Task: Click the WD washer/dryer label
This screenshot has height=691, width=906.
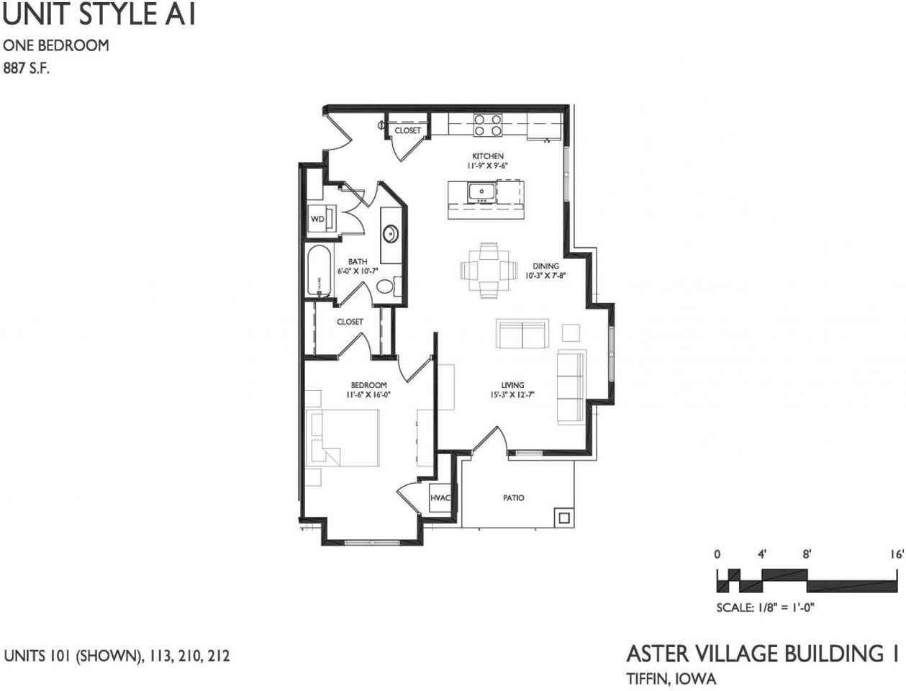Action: coord(317,219)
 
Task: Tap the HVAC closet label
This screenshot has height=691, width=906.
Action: coord(440,498)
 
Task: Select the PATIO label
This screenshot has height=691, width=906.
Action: coord(514,498)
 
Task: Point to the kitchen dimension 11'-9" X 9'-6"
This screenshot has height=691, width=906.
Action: coord(488,166)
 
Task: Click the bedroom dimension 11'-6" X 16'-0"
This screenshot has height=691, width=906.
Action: coord(368,394)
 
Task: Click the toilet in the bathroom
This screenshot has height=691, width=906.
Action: coord(387,286)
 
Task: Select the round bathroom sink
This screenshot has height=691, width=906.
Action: coord(390,234)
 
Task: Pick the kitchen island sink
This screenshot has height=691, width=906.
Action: coord(480,191)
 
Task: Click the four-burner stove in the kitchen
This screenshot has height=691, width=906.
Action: coord(488,125)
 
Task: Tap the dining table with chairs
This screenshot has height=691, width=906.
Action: coord(489,271)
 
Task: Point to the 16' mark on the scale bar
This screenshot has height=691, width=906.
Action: coord(896,555)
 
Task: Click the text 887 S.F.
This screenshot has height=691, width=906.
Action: coord(26,70)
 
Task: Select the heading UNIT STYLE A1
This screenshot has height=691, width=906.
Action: coord(99,15)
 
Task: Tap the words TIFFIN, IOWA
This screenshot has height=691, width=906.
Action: coord(671,678)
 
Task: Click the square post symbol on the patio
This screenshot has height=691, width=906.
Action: coord(563,518)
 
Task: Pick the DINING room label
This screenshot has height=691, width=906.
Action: coord(545,266)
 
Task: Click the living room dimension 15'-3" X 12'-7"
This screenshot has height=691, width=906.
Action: coord(512,394)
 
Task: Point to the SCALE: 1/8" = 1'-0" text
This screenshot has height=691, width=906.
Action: coord(765,608)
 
